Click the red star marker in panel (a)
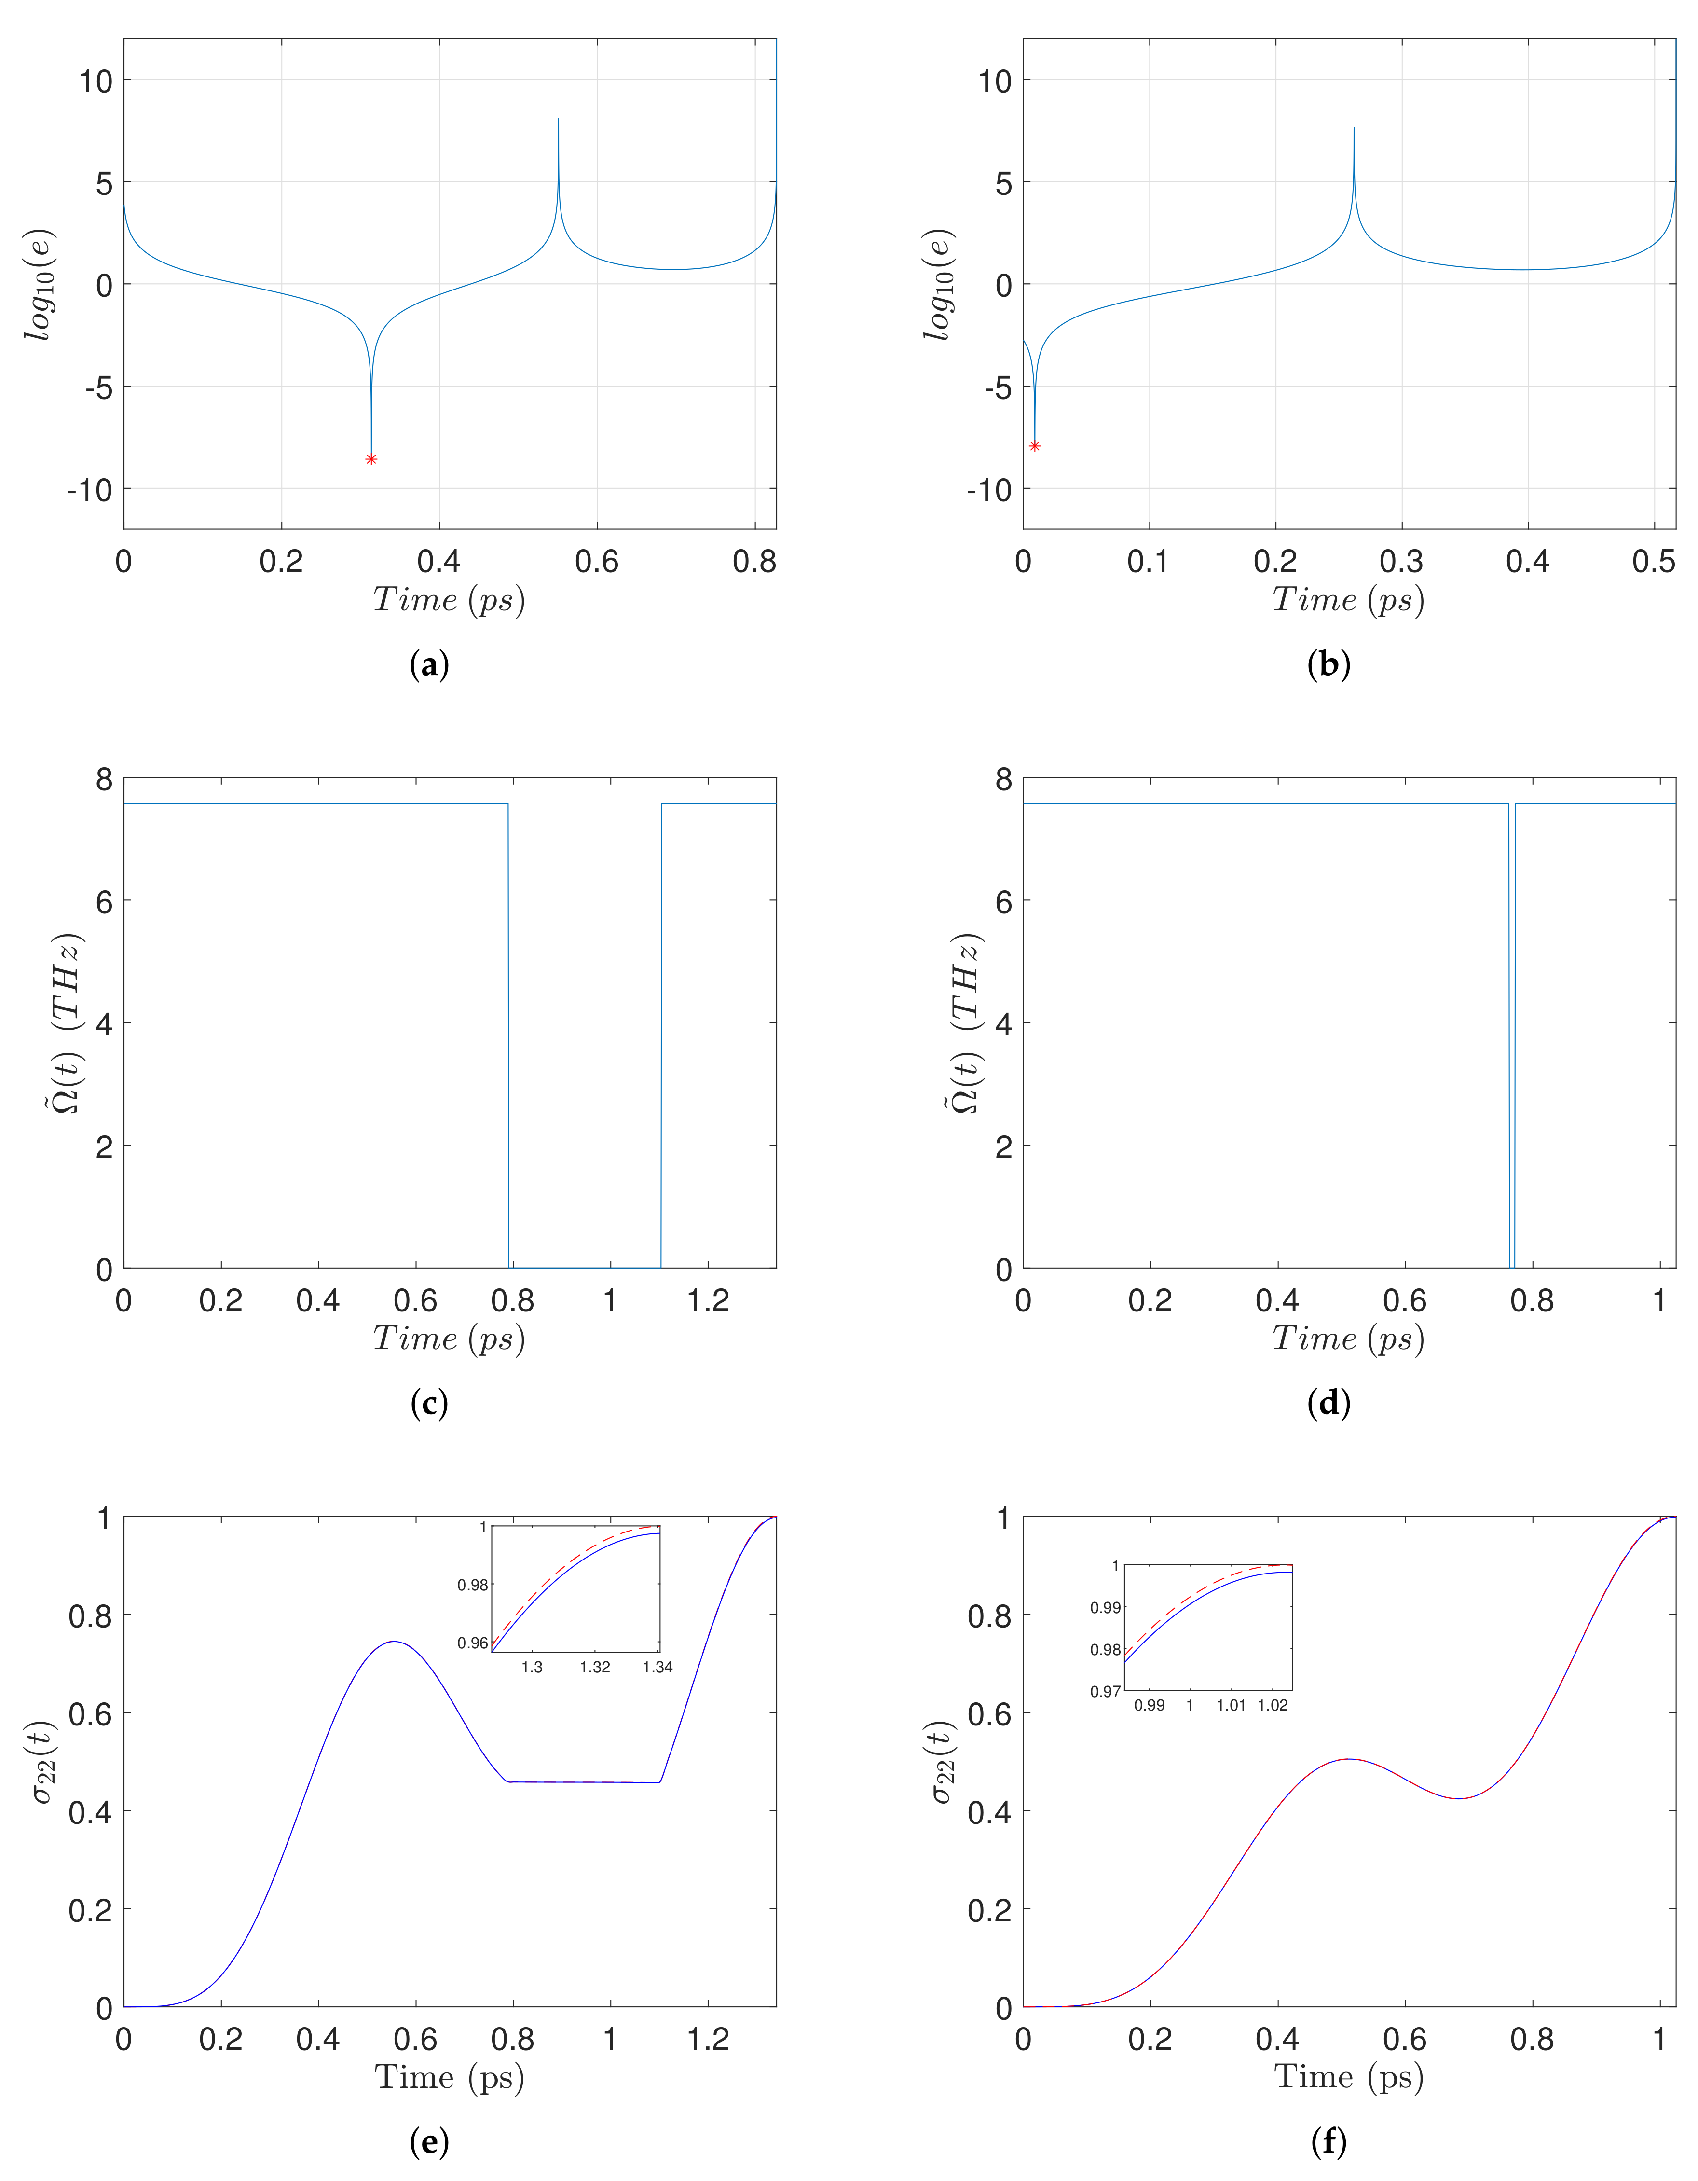click(371, 459)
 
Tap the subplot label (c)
click(429, 1404)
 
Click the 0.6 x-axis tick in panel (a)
click(597, 562)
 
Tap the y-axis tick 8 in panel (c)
click(104, 780)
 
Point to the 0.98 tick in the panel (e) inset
click(473, 1585)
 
